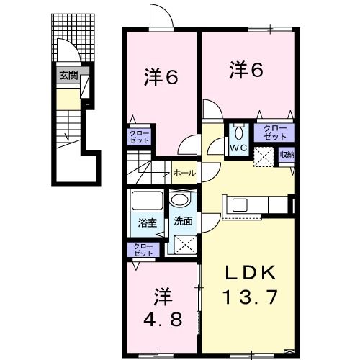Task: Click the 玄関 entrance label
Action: pos(68,74)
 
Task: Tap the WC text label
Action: pos(238,150)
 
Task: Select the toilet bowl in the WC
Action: pos(238,132)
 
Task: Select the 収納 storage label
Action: pos(287,155)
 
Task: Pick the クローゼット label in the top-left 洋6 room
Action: pos(140,137)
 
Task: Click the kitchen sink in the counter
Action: pos(238,205)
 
